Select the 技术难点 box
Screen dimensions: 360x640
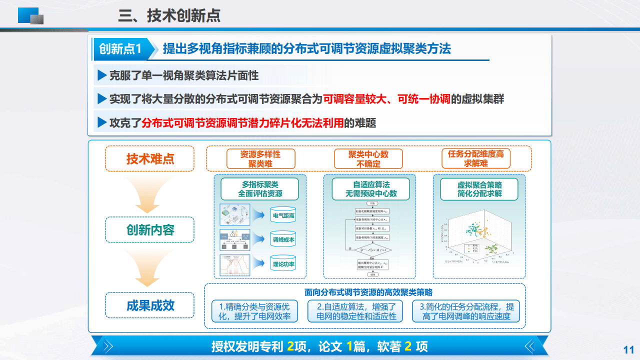point(150,159)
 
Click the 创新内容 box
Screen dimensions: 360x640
point(150,230)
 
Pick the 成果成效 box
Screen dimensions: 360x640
point(150,305)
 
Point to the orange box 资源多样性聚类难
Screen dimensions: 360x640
point(260,159)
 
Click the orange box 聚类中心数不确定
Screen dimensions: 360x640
point(368,159)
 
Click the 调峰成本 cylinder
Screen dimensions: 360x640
point(283,240)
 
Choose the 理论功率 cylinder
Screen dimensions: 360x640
point(283,263)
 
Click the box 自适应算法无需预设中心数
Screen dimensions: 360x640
point(370,189)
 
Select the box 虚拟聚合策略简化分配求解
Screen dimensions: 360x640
point(479,189)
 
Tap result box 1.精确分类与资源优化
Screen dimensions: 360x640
point(254,311)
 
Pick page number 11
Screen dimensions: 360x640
point(628,349)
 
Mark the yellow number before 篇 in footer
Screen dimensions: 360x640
point(348,346)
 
